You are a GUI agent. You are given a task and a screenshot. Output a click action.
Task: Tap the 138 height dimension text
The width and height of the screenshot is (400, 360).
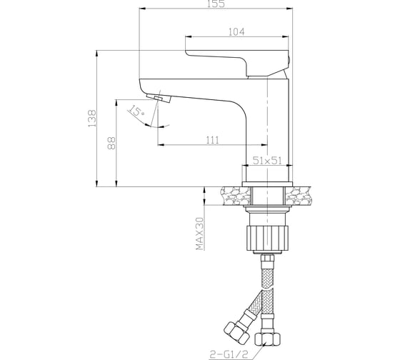point(91,119)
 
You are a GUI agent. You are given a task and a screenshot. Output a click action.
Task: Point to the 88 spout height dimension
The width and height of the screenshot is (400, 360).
point(111,143)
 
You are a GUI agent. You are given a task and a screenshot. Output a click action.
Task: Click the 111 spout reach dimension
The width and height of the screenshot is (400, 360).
point(212,139)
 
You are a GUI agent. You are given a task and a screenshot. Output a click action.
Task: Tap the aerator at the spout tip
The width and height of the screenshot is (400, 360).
point(159,98)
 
